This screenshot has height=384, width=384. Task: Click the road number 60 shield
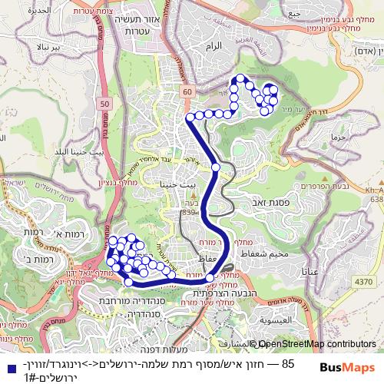[x=187, y=92]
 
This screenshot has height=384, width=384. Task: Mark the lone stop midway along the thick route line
[x=216, y=167]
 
